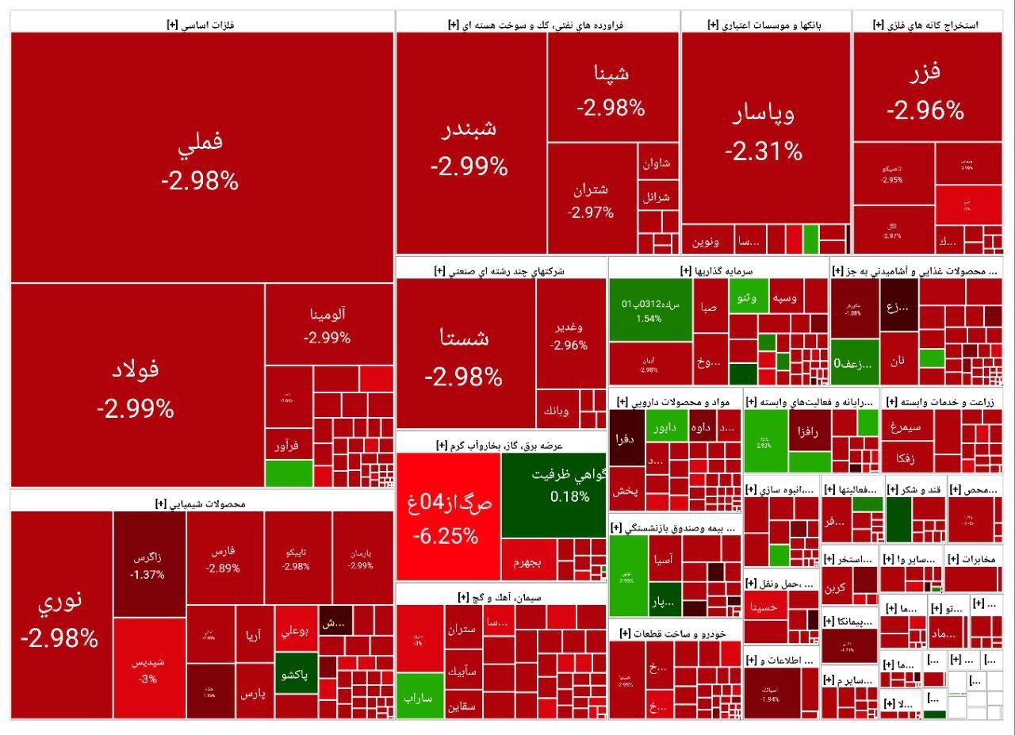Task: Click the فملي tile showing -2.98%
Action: point(201,159)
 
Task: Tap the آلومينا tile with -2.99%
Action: point(327,324)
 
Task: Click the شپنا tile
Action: point(611,87)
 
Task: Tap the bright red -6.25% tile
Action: point(447,516)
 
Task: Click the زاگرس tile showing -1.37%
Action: point(148,564)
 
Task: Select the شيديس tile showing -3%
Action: point(148,670)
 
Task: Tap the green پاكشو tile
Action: point(296,675)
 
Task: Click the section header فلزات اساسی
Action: point(201,25)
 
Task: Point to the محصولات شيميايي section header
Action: point(201,503)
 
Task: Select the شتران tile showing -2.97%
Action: point(591,200)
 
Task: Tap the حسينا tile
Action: point(764,609)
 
